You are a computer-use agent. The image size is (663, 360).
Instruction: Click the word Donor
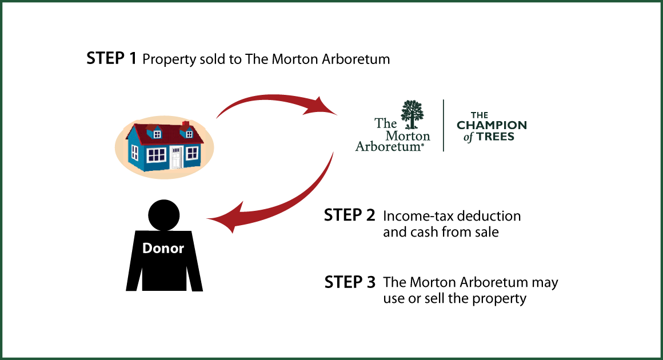[x=163, y=249]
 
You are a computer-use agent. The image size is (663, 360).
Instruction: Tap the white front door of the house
[x=176, y=157]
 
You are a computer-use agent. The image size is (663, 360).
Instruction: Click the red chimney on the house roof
[x=185, y=124]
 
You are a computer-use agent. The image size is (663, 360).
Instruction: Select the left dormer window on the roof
[x=157, y=134]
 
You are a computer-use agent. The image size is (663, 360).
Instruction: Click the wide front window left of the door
[x=156, y=154]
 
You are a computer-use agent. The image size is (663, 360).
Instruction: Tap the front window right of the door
[x=192, y=153]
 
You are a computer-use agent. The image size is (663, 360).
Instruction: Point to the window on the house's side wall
[x=134, y=152]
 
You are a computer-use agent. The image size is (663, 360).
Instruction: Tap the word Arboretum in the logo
[x=389, y=146]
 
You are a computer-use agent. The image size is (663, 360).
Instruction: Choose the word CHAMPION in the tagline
[x=492, y=125]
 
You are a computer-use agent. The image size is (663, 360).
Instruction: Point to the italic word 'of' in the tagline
[x=468, y=138]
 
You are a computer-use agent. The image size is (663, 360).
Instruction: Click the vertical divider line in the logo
[x=444, y=126]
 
